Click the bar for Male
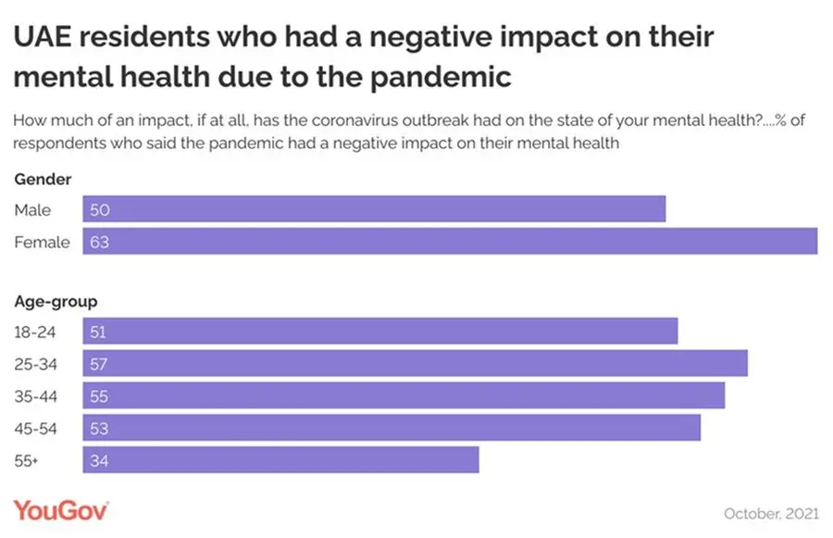tap(374, 209)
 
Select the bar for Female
tap(450, 242)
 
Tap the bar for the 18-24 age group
tap(380, 332)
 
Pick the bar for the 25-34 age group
tap(415, 364)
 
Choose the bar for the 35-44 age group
tap(404, 395)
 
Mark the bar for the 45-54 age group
tap(392, 428)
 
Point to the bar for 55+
tap(280, 460)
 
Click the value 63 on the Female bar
tap(100, 242)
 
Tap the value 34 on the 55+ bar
tap(100, 460)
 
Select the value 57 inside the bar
tap(100, 364)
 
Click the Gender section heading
tap(43, 180)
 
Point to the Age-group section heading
tap(56, 301)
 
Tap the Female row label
tap(42, 242)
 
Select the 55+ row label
tap(29, 460)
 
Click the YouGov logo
tap(61, 510)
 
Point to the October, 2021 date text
tap(770, 512)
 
